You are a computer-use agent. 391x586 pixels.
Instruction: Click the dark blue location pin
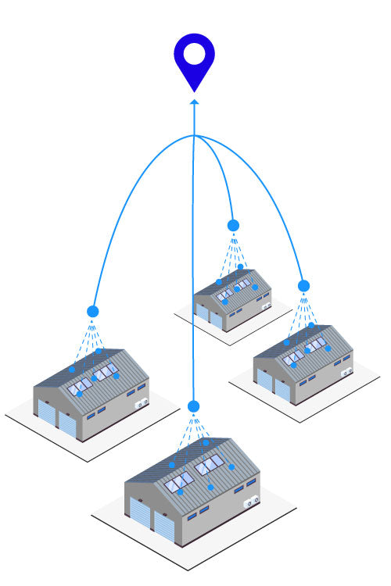point(194,63)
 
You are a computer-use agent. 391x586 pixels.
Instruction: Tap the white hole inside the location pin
point(194,54)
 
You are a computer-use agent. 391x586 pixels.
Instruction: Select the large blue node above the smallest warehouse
point(233,225)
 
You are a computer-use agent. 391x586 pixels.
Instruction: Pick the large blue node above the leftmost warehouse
point(93,311)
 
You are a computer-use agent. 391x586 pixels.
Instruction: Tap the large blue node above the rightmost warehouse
point(303,285)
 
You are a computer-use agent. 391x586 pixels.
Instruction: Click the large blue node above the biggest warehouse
point(194,406)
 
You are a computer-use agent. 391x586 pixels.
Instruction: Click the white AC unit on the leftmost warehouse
point(142,404)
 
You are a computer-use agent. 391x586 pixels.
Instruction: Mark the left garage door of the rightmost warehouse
point(265,381)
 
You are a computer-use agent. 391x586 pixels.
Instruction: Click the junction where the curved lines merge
point(194,136)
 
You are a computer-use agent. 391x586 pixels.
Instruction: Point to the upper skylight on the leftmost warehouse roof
point(106,370)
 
